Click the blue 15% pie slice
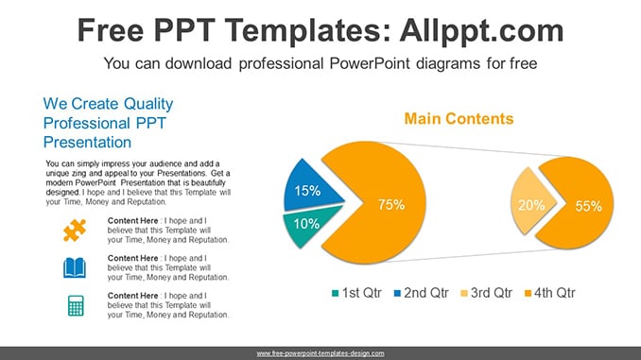click(309, 187)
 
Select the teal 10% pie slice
click(306, 225)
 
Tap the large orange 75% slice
click(380, 202)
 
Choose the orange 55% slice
click(580, 203)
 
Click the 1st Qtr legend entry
click(356, 293)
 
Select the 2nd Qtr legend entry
click(421, 293)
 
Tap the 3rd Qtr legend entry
click(487, 293)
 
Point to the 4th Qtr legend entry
click(550, 293)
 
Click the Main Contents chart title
click(459, 119)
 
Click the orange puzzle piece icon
click(75, 231)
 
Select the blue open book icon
click(75, 267)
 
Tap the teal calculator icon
click(76, 305)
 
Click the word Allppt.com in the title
click(481, 30)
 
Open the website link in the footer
click(320, 353)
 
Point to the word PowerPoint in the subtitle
click(370, 63)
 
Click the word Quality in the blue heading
click(148, 104)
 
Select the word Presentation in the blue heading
click(88, 142)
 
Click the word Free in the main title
click(111, 30)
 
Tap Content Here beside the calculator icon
click(133, 296)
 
